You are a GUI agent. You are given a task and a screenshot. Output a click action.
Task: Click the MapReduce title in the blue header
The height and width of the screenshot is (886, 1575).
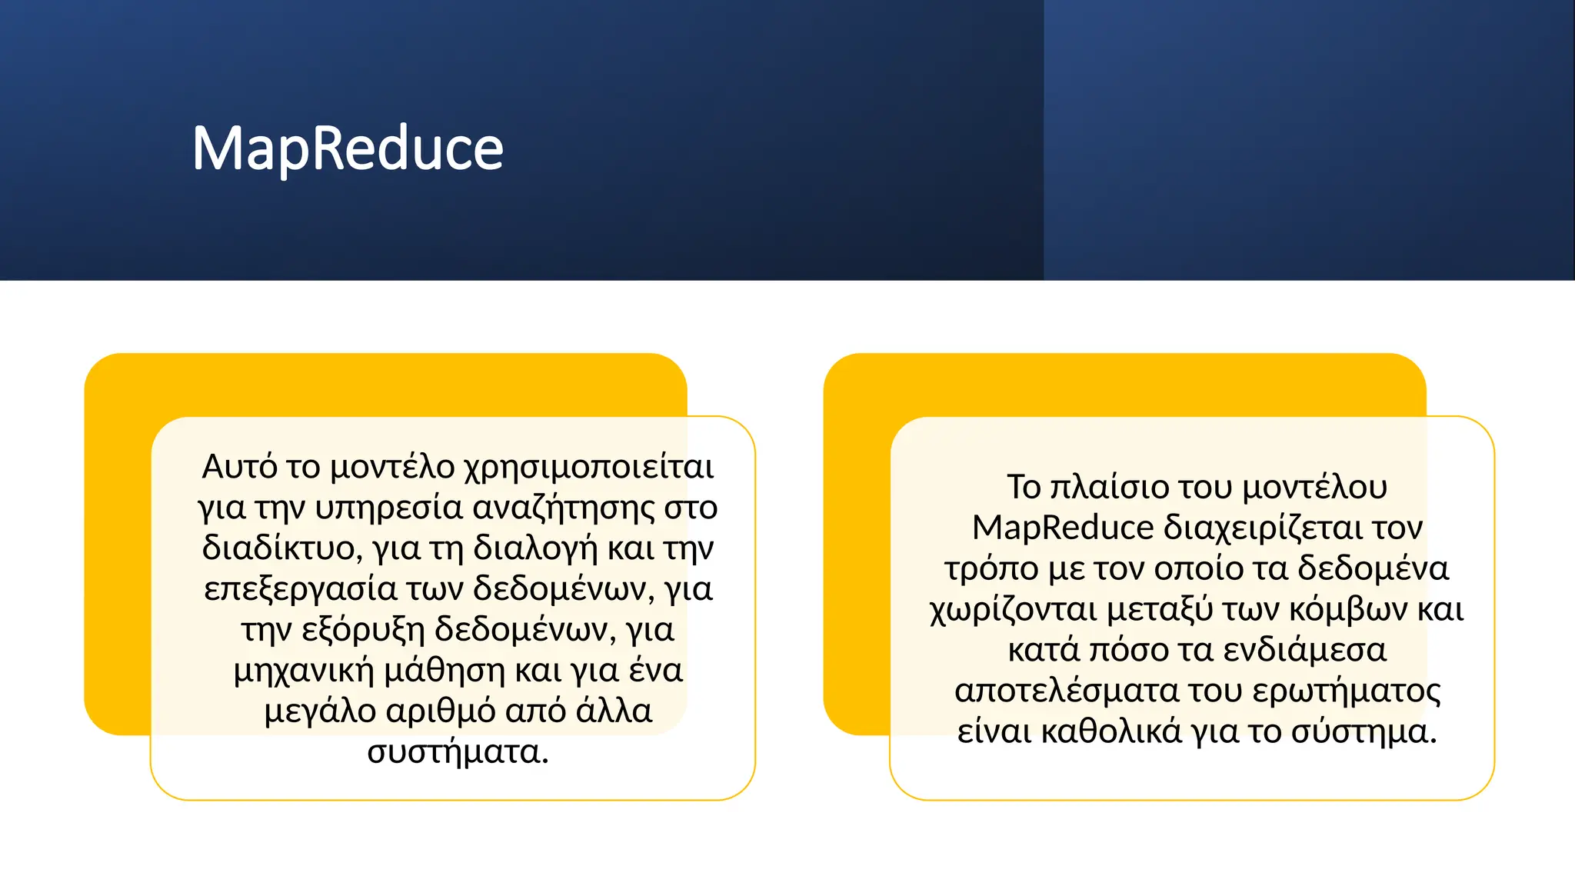coord(348,148)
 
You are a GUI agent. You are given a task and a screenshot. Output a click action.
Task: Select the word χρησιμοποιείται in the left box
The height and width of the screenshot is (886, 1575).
coord(589,467)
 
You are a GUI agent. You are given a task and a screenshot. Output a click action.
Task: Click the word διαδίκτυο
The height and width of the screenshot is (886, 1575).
coord(278,548)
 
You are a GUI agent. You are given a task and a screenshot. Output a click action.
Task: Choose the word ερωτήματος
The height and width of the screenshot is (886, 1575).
coord(1347,691)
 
